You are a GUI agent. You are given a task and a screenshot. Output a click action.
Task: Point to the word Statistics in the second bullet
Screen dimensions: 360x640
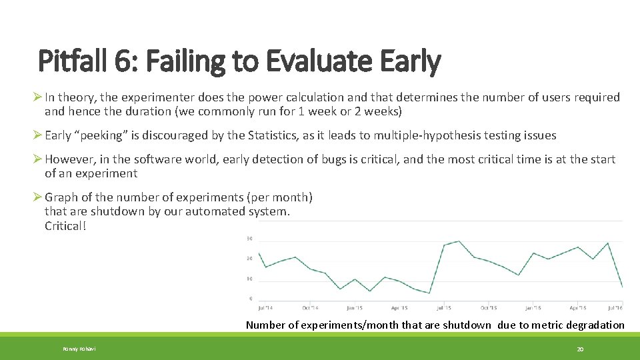[x=255, y=135]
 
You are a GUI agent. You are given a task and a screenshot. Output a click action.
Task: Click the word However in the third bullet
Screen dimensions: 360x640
[x=69, y=159]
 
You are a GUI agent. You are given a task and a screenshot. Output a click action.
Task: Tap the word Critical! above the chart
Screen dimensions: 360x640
[x=65, y=225]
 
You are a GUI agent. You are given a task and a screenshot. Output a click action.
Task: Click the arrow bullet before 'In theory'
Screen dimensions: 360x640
[x=38, y=97]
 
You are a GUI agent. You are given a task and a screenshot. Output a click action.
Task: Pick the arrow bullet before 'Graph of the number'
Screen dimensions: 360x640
[x=38, y=197]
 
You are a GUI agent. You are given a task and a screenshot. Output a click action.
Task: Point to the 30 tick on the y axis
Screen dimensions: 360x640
[x=249, y=238]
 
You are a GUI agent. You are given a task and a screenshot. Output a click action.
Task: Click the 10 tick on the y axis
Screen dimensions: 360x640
[x=249, y=279]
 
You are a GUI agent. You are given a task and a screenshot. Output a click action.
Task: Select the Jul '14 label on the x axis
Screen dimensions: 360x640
[x=265, y=308]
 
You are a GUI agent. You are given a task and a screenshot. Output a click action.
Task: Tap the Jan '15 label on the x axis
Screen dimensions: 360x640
[x=355, y=308]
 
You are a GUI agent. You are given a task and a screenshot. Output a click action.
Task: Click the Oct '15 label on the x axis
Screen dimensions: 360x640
[x=489, y=308]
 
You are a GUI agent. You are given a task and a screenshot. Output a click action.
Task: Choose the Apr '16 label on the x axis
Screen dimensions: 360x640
[x=578, y=308]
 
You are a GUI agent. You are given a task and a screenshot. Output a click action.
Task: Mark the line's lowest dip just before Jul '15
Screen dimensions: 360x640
[x=429, y=293]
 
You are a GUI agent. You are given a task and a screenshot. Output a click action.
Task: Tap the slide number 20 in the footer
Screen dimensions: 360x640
[x=580, y=349]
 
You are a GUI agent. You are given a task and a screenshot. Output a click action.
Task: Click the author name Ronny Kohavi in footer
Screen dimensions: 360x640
[x=79, y=349]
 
